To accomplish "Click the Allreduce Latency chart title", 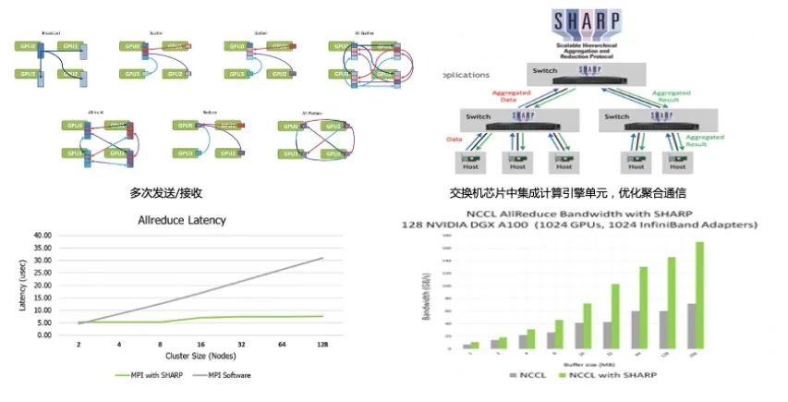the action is (x=181, y=221).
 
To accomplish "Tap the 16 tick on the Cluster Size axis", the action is (x=200, y=343).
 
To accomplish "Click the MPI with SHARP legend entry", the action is (x=152, y=375).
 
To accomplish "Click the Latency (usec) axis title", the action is (x=21, y=284).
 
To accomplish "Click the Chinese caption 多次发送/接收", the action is (x=166, y=193).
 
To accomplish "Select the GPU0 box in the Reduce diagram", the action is (x=185, y=126).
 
